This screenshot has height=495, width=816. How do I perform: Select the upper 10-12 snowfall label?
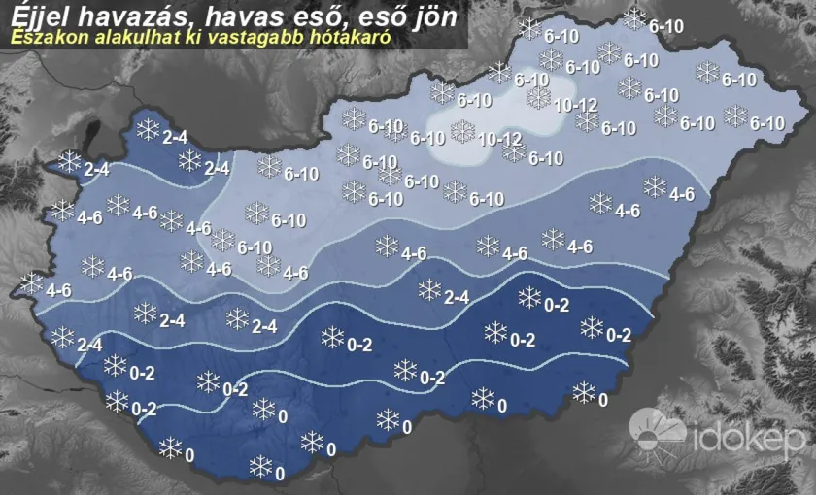pos(576,104)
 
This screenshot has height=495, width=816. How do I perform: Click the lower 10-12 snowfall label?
pos(500,139)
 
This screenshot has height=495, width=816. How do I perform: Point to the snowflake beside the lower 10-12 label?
pos(462,130)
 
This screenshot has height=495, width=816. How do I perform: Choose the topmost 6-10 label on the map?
pos(665,26)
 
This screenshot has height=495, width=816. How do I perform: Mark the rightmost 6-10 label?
pos(766,123)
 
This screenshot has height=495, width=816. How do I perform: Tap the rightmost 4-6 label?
pos(682,194)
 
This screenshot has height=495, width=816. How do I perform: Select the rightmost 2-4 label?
pos(457,297)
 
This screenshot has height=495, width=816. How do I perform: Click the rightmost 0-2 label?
pos(619,336)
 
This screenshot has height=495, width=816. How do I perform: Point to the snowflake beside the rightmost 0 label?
pos(584,392)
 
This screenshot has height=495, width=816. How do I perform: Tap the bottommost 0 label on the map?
pos(280,475)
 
